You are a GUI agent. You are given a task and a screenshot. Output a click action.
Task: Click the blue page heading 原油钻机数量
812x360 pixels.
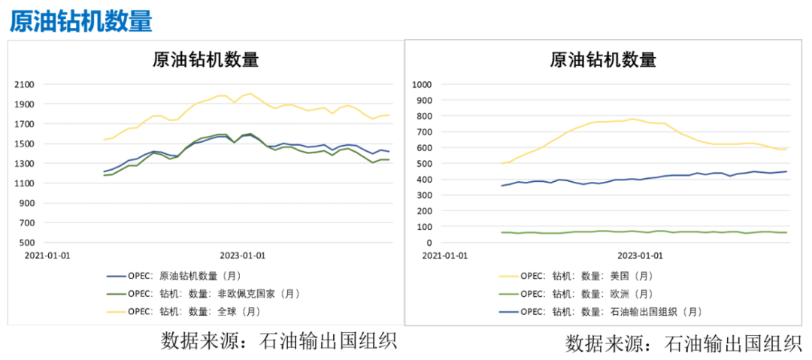[81, 20]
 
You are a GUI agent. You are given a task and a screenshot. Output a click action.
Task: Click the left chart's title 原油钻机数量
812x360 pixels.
[205, 59]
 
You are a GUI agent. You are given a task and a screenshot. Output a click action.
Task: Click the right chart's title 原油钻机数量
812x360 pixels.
[604, 59]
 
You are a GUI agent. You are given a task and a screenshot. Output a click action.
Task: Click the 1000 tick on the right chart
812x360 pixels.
[424, 84]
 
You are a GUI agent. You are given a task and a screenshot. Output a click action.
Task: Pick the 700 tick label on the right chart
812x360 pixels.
[426, 132]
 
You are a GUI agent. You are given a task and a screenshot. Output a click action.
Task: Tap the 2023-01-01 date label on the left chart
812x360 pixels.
[244, 256]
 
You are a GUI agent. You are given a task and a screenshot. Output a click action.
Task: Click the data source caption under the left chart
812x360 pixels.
[278, 342]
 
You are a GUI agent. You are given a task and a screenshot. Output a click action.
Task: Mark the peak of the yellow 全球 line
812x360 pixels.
[250, 94]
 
